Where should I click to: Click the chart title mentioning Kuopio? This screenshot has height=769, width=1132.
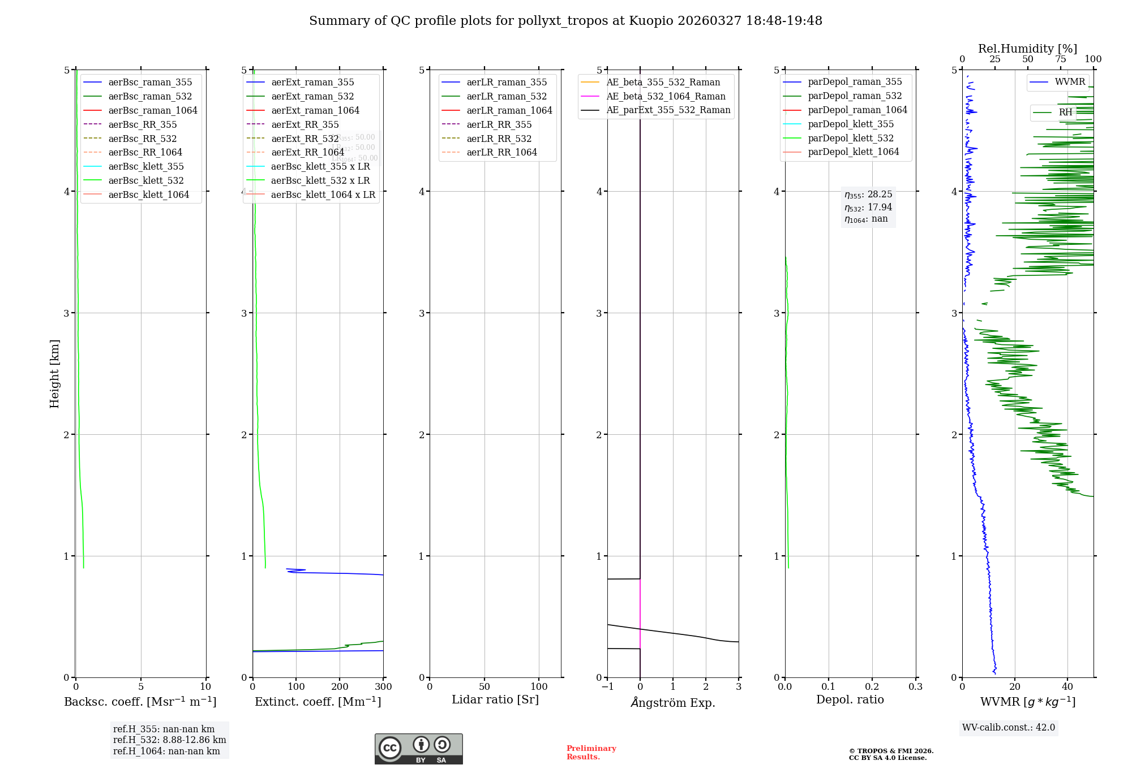click(x=565, y=21)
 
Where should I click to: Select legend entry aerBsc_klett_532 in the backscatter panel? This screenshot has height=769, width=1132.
click(x=145, y=180)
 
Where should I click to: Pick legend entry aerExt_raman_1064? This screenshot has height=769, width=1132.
click(x=315, y=110)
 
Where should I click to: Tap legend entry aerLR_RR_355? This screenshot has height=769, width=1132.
click(x=499, y=124)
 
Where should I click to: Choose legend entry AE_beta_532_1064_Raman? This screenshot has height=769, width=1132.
click(x=666, y=96)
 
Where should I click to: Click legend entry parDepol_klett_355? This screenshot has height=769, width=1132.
click(x=851, y=124)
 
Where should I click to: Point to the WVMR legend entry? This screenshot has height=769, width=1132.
click(x=1070, y=82)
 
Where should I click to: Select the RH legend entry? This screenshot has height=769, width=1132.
click(x=1065, y=113)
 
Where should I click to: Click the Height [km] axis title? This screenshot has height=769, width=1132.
click(x=54, y=373)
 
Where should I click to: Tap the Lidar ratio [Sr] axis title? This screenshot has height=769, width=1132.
click(x=495, y=699)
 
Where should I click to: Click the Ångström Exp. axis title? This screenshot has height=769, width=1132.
click(x=673, y=702)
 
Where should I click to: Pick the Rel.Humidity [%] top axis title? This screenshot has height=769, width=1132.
click(x=1027, y=49)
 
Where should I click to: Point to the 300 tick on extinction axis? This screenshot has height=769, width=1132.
click(x=383, y=687)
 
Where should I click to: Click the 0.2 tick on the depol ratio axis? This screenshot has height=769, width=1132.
click(x=872, y=687)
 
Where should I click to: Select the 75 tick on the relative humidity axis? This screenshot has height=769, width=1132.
click(x=1061, y=59)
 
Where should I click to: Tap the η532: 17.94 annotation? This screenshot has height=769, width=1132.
click(x=868, y=207)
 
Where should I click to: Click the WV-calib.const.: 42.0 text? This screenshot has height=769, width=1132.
click(x=1009, y=727)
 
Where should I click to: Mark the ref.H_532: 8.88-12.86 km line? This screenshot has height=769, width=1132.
click(x=169, y=740)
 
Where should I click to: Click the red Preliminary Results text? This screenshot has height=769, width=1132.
click(x=591, y=752)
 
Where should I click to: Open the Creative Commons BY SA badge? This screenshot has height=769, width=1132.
click(x=418, y=749)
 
